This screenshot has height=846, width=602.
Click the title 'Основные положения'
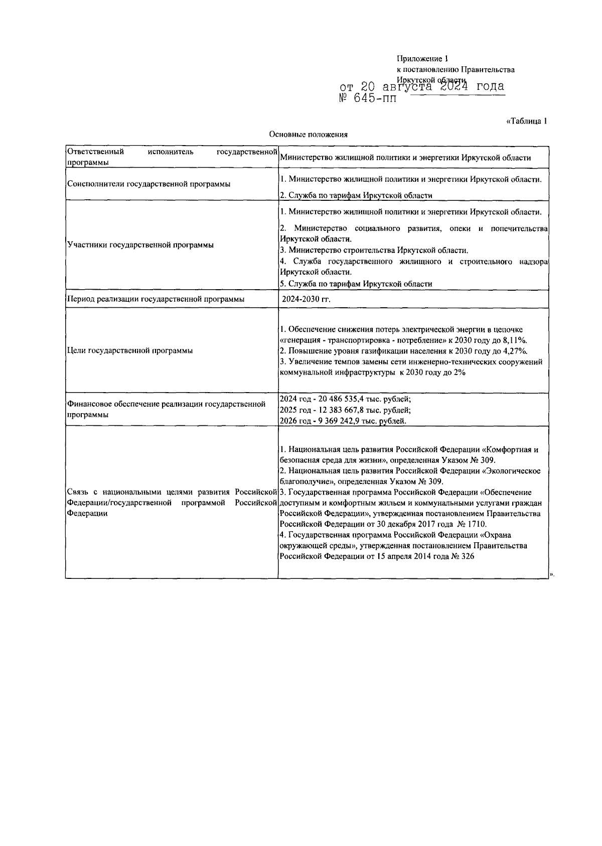click(x=308, y=134)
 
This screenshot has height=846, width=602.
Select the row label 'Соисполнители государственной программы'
click(x=148, y=184)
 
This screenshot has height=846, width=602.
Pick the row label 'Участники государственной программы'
click(x=140, y=245)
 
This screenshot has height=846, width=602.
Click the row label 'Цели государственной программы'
click(x=129, y=350)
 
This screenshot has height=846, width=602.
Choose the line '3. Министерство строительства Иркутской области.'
click(x=374, y=250)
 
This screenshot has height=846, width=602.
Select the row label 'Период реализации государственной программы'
click(x=156, y=299)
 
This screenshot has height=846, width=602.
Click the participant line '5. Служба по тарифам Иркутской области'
click(x=356, y=284)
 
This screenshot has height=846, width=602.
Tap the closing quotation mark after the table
click(x=551, y=573)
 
